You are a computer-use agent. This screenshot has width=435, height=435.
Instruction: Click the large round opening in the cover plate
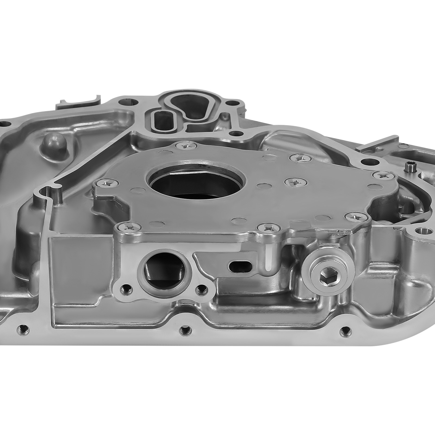pyautogui.click(x=196, y=183)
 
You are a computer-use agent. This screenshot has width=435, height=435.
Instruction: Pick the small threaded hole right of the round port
pyautogui.click(x=201, y=291)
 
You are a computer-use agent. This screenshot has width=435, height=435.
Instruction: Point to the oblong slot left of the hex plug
pyautogui.click(x=241, y=266)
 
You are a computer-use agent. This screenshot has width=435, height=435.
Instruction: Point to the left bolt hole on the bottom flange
pyautogui.click(x=22, y=329)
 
